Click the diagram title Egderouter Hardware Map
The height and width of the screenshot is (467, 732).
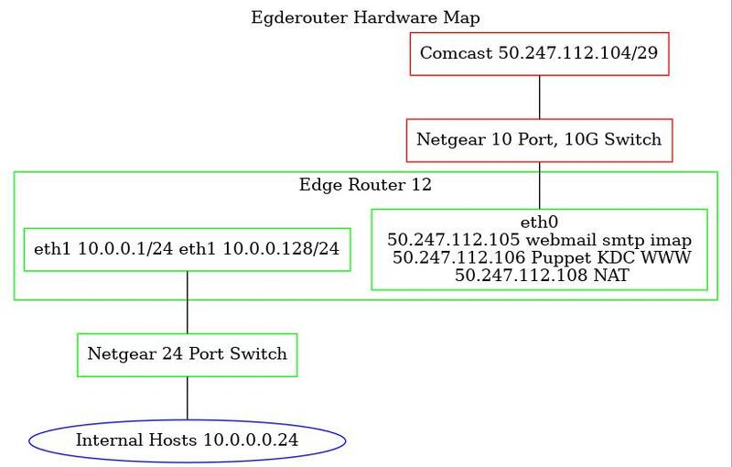(365, 17)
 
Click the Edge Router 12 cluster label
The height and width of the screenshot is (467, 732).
(365, 185)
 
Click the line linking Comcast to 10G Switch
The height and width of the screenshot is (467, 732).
(540, 97)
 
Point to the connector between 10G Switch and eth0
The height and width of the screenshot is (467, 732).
(540, 185)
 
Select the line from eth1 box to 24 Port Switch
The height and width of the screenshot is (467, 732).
(188, 302)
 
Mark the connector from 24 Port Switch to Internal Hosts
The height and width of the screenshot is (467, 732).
(188, 398)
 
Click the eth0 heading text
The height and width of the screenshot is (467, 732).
(539, 223)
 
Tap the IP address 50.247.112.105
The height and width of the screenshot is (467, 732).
(453, 240)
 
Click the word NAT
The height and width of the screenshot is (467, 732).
(611, 275)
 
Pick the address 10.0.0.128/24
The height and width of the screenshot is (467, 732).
(281, 249)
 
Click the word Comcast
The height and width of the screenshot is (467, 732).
(456, 53)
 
